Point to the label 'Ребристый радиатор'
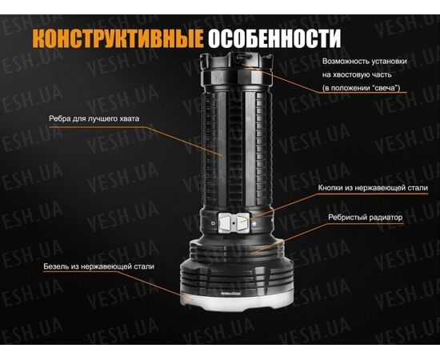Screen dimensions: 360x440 [x=366, y=217]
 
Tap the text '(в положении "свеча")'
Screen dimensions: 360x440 [x=361, y=86]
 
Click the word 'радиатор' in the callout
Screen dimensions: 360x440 [x=385, y=217]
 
